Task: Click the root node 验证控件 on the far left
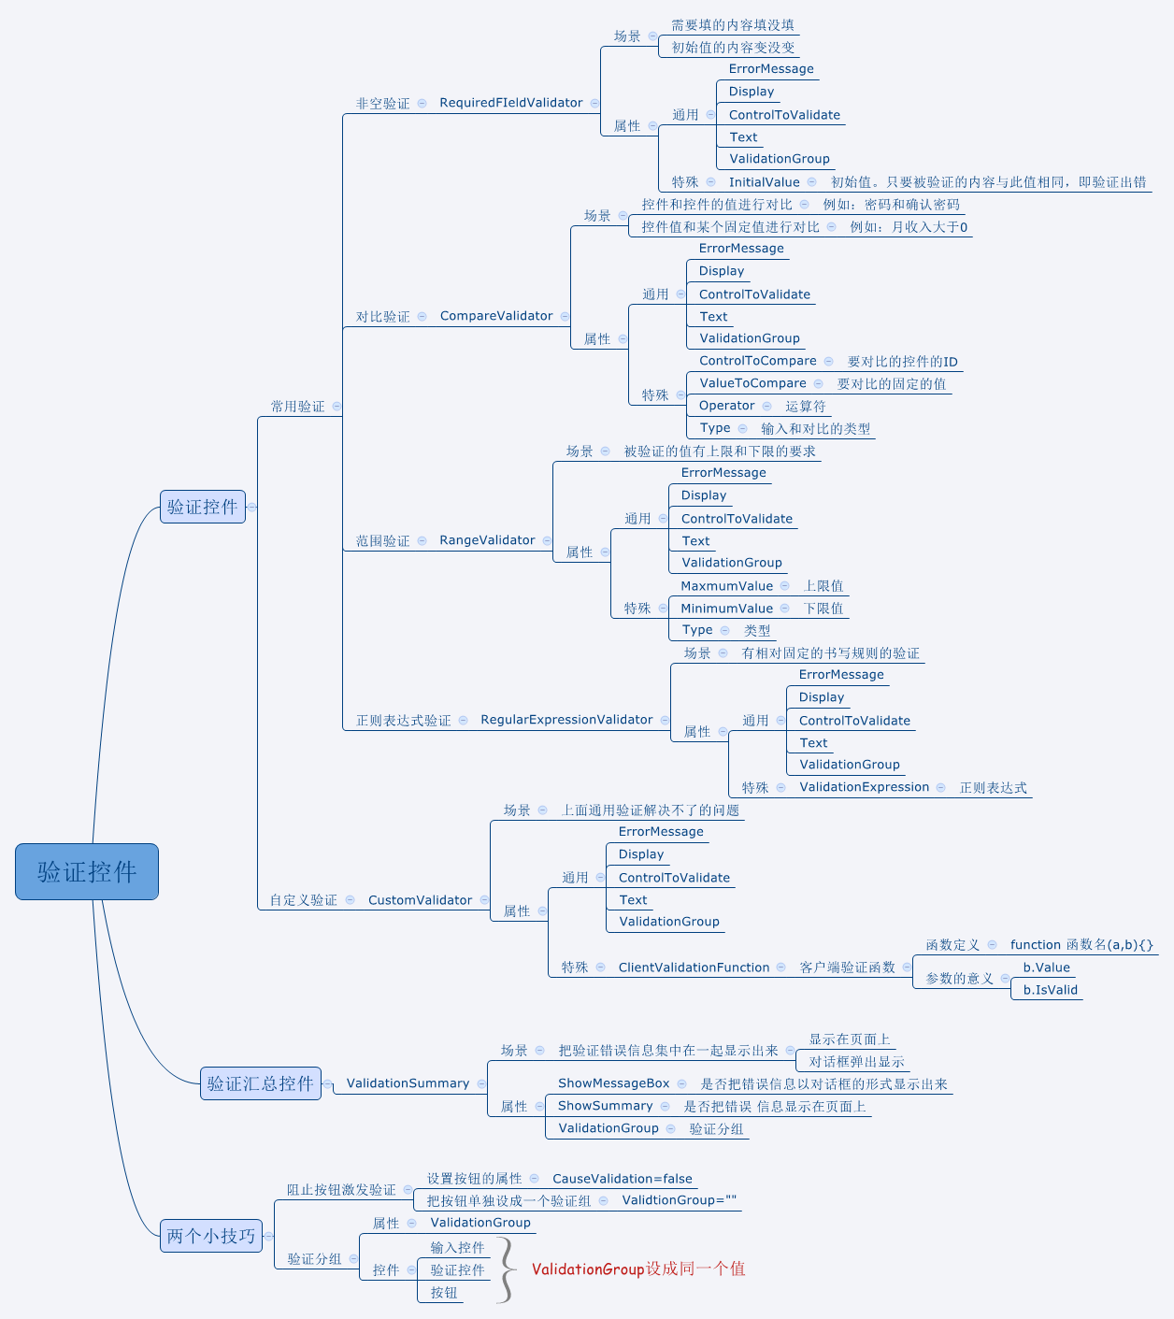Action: [87, 871]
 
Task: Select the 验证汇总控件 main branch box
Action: [261, 1083]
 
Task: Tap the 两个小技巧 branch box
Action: [211, 1236]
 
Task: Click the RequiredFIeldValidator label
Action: [511, 103]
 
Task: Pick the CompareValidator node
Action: [496, 316]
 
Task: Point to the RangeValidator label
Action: [487, 540]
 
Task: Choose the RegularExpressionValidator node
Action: [566, 720]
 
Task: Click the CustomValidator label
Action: [420, 899]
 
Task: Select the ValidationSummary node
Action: [408, 1083]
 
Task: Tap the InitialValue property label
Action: [764, 182]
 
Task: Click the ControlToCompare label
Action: [757, 361]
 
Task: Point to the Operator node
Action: [726, 406]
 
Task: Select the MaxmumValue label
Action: [726, 586]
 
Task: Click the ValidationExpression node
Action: [864, 787]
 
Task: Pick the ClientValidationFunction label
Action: [694, 968]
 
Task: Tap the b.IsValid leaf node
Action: [1051, 990]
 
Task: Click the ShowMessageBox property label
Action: [613, 1083]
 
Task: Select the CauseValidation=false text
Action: [623, 1179]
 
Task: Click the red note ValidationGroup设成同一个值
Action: [638, 1269]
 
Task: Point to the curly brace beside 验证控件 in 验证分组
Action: [508, 1269]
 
